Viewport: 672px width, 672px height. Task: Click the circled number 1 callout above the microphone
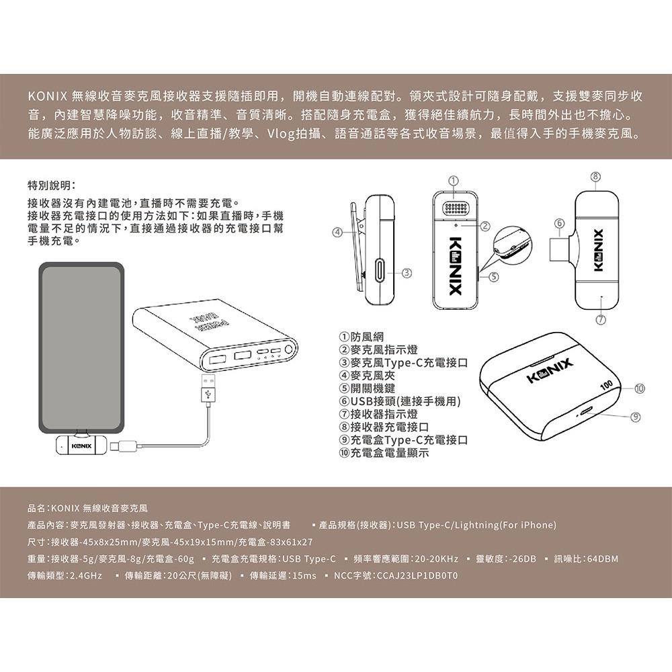tap(454, 180)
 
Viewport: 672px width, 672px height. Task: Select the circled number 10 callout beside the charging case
tap(639, 388)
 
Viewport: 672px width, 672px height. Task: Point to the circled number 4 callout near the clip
tap(338, 233)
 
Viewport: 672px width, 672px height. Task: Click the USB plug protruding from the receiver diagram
tap(559, 249)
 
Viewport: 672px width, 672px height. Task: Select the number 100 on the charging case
tap(606, 384)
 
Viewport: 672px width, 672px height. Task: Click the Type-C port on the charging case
tap(585, 413)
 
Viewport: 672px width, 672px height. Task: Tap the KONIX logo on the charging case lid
tap(550, 371)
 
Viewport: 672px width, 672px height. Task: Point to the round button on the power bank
tap(289, 349)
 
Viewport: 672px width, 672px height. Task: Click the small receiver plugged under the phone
tap(81, 446)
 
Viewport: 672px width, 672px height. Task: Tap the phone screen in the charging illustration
tap(81, 347)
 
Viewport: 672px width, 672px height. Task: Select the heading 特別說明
tap(52, 185)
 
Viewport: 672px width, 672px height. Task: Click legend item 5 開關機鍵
tap(368, 388)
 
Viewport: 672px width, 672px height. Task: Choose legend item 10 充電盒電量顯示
tap(384, 452)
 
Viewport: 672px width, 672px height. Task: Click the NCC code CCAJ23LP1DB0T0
tap(417, 576)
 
